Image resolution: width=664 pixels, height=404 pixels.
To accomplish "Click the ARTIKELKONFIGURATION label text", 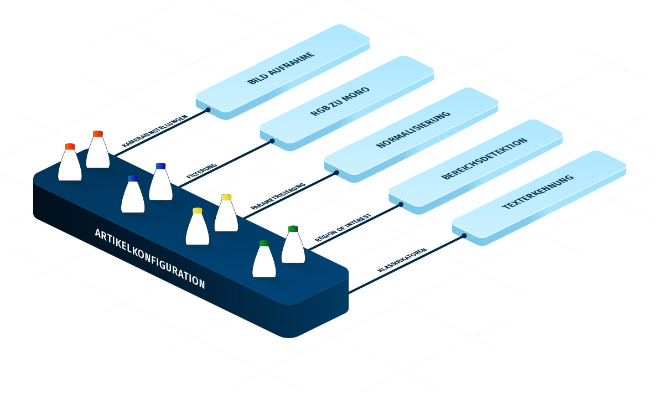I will (149, 258).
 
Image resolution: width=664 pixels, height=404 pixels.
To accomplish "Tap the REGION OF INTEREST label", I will (343, 227).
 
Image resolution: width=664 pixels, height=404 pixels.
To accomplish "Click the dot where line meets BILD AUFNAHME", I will (208, 110).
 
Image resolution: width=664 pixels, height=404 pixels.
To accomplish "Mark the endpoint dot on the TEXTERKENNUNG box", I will (464, 236).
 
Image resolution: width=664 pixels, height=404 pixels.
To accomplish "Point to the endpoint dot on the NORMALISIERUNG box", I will (336, 173).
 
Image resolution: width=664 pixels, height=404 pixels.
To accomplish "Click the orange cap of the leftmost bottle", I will (70, 147).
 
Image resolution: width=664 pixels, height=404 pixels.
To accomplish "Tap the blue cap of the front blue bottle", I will (133, 179).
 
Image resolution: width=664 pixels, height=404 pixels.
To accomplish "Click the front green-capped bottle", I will (264, 260).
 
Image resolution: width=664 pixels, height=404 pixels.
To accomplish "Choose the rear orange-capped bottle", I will (98, 151).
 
